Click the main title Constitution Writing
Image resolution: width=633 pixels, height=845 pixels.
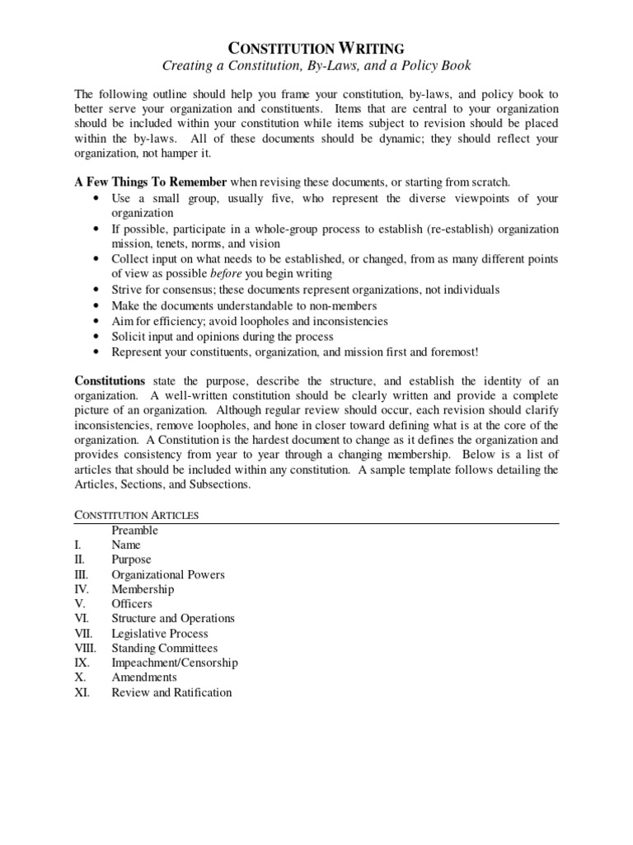(x=316, y=49)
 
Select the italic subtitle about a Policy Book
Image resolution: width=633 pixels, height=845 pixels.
(x=316, y=65)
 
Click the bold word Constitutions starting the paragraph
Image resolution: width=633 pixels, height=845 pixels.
(x=110, y=380)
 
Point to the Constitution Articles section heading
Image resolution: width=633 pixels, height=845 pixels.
(x=137, y=515)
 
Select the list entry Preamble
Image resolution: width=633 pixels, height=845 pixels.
(x=134, y=531)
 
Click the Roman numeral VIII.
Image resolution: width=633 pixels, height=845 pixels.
(x=85, y=649)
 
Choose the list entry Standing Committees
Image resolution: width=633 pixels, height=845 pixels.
(x=165, y=649)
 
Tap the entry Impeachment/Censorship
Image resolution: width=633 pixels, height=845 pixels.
(x=175, y=663)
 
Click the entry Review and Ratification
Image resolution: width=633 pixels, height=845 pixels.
(x=171, y=692)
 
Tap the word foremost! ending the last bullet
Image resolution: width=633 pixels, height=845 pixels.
(x=452, y=352)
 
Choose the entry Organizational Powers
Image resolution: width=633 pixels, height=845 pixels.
(x=168, y=574)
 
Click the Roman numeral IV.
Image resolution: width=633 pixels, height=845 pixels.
(x=82, y=589)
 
